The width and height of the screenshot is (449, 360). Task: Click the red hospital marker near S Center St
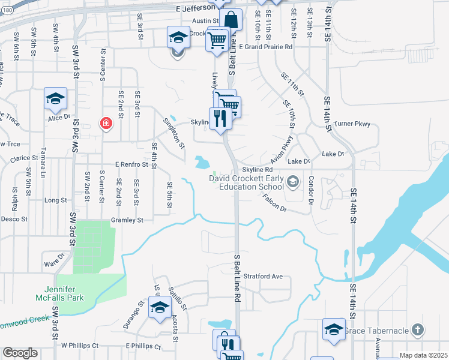tap(106, 124)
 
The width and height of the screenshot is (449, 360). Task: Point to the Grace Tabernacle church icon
tap(418, 329)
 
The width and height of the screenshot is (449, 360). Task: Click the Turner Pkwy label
tap(361, 124)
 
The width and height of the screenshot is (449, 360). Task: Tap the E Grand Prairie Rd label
tap(265, 46)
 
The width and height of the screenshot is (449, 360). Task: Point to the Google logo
tap(20, 352)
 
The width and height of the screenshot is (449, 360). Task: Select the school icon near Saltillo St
tap(160, 308)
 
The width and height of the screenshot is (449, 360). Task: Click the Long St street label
tap(55, 200)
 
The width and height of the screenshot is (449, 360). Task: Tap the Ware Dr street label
tap(54, 262)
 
